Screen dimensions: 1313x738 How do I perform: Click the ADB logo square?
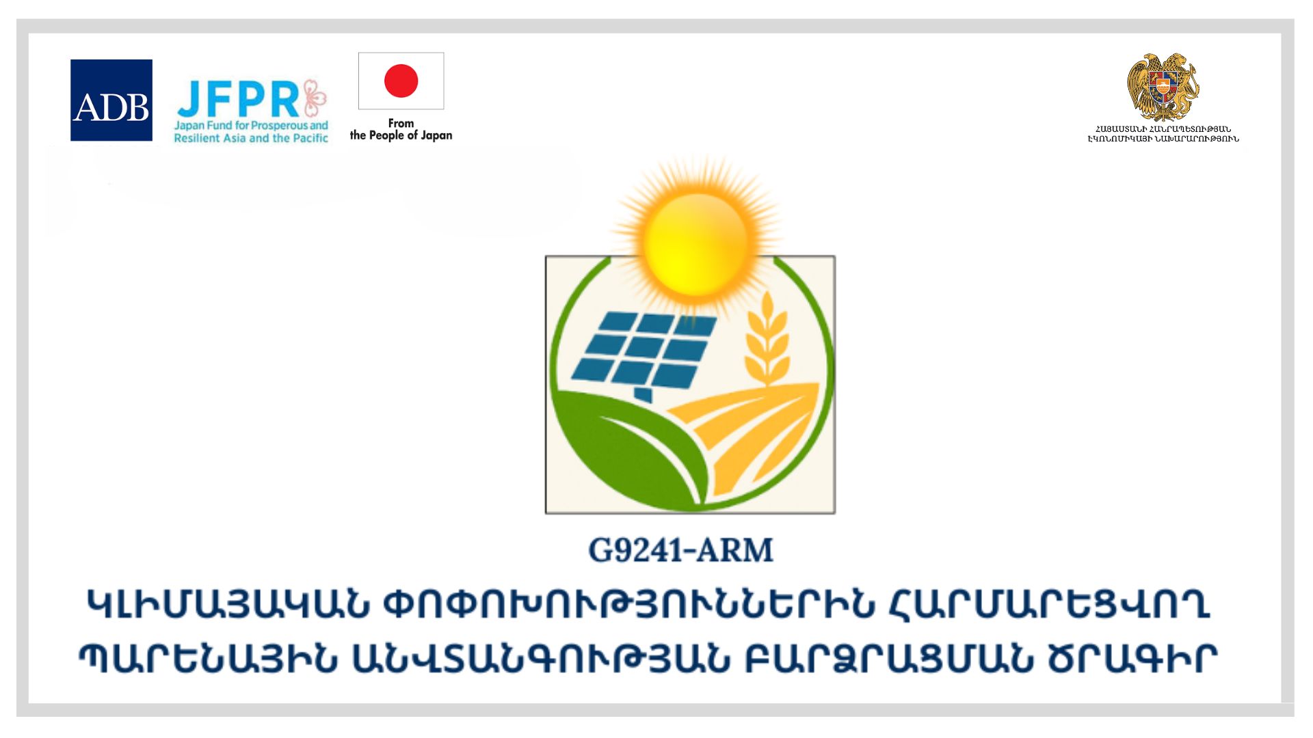click(111, 100)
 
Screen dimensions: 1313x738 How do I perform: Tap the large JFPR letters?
click(237, 100)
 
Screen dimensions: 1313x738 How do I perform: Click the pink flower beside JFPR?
click(315, 98)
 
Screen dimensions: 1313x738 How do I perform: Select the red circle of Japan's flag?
click(401, 81)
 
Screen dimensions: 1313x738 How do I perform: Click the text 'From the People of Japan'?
click(401, 129)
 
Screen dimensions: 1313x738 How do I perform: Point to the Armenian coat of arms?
click(1163, 87)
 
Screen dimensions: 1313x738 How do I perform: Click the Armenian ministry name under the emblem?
click(1163, 134)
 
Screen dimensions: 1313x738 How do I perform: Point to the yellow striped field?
click(745, 437)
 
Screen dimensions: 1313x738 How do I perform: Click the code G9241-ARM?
click(680, 551)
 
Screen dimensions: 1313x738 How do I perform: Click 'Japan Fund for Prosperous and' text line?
click(251, 126)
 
